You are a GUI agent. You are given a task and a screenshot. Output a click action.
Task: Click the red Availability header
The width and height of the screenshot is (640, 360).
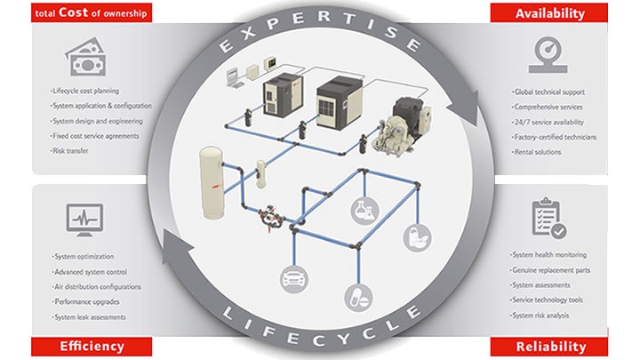coord(549,13)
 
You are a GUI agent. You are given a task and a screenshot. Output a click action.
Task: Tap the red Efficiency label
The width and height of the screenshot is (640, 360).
coord(92,347)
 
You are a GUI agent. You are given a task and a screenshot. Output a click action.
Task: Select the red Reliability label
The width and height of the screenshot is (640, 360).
coord(549,347)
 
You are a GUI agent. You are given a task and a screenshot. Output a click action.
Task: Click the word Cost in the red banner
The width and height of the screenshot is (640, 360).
coord(73,12)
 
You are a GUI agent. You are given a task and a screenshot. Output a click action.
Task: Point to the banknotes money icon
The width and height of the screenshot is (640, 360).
coord(86,57)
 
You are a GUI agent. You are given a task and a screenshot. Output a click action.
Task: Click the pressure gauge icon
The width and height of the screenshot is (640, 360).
coord(548,55)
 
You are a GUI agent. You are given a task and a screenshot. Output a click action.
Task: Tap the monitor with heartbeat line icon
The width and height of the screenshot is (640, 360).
coord(84,220)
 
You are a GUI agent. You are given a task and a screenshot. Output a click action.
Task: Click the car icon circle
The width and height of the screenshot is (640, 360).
coord(294,280)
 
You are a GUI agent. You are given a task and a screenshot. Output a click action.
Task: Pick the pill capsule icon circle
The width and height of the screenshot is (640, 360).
coord(358,298)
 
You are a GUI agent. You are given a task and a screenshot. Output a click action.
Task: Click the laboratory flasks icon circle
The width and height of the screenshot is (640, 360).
coord(364,211)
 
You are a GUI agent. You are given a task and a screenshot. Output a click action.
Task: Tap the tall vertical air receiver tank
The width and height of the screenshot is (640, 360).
coord(211,182)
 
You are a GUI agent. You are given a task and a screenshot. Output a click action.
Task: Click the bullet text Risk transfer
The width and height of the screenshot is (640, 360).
coord(69,150)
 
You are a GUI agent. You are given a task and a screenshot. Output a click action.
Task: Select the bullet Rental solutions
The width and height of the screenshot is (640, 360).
coord(537,152)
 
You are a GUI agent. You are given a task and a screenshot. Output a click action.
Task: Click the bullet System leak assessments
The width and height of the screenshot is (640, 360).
coord(89,317)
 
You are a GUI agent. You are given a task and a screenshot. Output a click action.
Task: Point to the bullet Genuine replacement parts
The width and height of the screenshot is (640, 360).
coord(550,270)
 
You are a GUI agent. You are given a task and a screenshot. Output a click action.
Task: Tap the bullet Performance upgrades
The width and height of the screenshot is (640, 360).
coord(86,302)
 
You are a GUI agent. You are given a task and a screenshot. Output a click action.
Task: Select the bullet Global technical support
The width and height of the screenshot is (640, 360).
coord(548,92)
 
